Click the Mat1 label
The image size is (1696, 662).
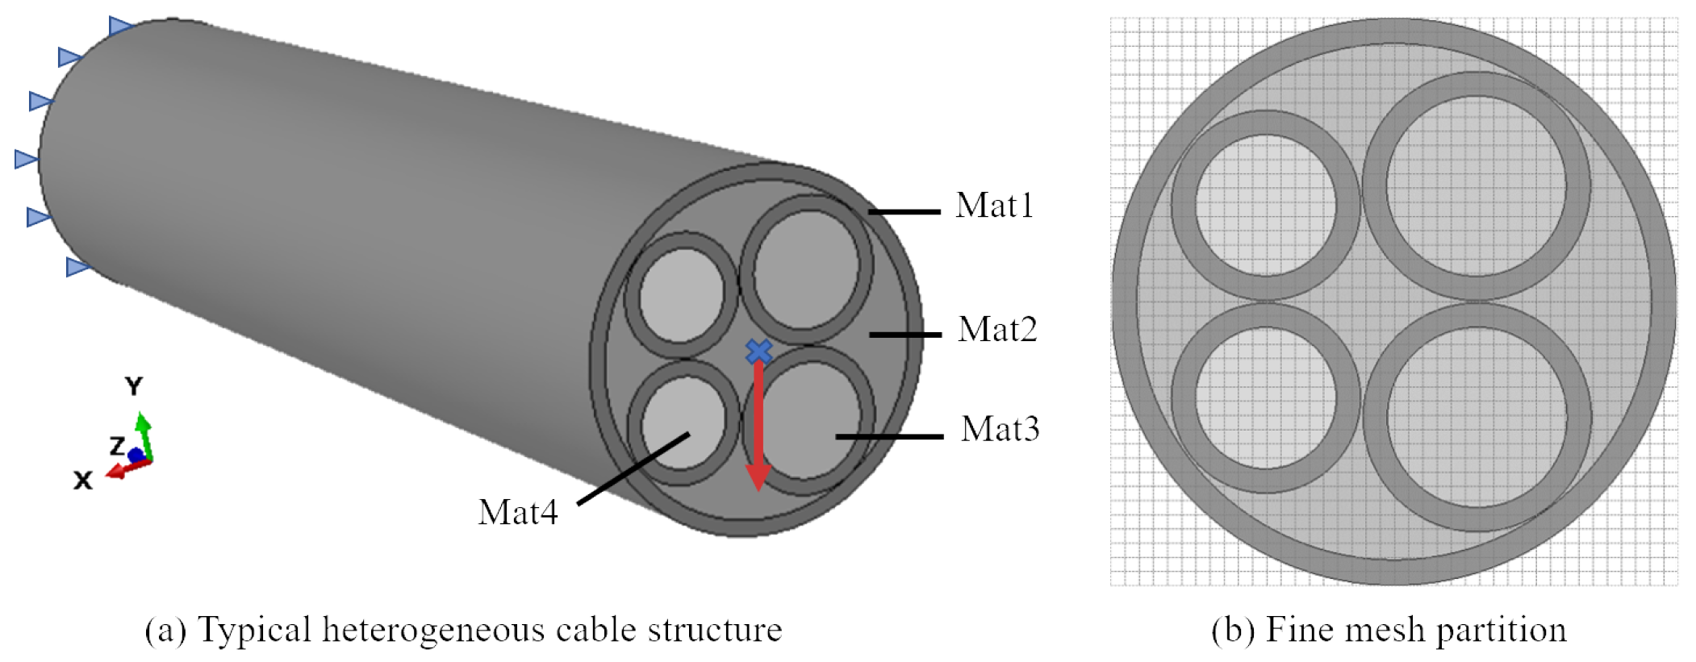point(994,206)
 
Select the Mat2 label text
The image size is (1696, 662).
point(997,330)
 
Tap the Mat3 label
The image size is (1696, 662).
point(1000,429)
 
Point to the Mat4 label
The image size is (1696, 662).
point(517,513)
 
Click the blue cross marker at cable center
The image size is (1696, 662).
point(758,352)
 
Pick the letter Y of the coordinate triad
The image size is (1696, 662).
point(134,386)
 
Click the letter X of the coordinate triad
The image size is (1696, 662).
point(82,481)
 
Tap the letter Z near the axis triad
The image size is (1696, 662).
point(117,445)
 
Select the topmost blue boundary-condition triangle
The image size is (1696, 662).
point(120,26)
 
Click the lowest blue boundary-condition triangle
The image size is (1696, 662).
point(77,266)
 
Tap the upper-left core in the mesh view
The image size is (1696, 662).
point(1265,205)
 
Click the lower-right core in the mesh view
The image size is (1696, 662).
point(1477,416)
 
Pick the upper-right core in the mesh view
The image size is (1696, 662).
point(1477,185)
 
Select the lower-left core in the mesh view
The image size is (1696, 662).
point(1265,397)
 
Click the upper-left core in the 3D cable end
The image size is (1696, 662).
point(683,295)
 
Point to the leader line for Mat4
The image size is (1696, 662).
point(633,468)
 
